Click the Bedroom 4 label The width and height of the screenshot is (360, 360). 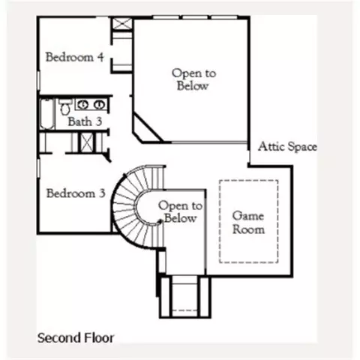click(x=74, y=57)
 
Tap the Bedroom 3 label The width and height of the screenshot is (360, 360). click(x=76, y=193)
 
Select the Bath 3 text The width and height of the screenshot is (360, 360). click(x=85, y=121)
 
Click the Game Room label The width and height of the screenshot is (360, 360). click(x=248, y=223)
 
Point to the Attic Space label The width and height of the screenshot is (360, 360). click(x=287, y=146)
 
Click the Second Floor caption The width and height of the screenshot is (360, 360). click(x=76, y=337)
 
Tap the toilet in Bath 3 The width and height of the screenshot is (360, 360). click(x=65, y=106)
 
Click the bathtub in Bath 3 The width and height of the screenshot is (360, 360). click(x=47, y=114)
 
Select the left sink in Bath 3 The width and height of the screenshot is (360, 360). click(x=82, y=105)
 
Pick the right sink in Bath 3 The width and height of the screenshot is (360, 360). click(x=99, y=105)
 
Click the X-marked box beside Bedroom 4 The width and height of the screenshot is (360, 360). click(x=121, y=24)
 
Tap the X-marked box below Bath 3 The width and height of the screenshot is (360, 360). click(x=86, y=142)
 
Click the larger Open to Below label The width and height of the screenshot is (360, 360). click(x=193, y=79)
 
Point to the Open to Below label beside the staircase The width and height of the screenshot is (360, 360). click(x=181, y=212)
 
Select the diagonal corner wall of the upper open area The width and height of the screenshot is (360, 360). click(x=148, y=127)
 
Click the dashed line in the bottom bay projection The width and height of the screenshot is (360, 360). click(x=185, y=310)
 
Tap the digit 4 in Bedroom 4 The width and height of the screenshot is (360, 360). click(x=100, y=57)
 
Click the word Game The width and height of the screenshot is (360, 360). click(x=248, y=216)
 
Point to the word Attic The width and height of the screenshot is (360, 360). click(x=271, y=146)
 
